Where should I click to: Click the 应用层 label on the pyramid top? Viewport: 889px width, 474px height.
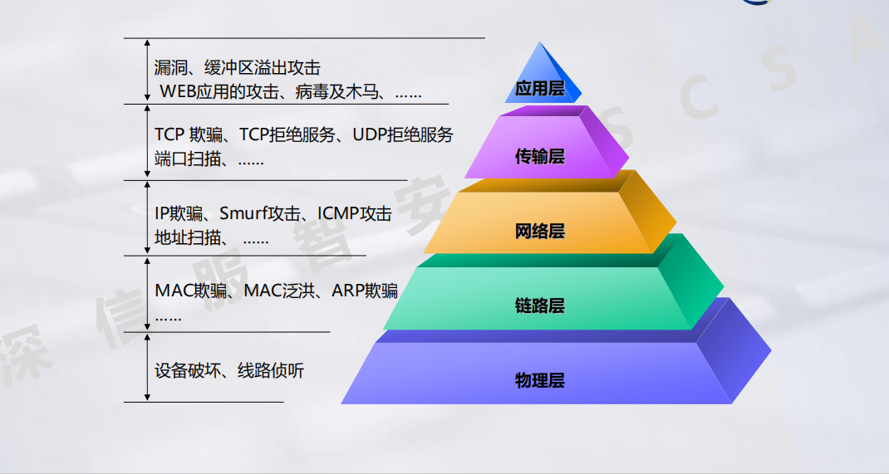click(539, 88)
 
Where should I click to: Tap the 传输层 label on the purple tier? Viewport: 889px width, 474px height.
click(539, 156)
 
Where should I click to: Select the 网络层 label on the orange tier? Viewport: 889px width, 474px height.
click(539, 231)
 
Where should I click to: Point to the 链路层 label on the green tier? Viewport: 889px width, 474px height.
click(539, 305)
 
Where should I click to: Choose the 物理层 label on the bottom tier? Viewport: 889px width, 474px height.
click(539, 381)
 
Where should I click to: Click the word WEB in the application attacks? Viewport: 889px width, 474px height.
click(178, 92)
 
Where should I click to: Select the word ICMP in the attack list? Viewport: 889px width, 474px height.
click(337, 213)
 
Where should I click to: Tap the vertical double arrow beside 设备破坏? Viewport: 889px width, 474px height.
click(147, 366)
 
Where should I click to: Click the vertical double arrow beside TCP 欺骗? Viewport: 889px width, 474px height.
click(147, 141)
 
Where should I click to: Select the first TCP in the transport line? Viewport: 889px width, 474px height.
click(169, 134)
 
